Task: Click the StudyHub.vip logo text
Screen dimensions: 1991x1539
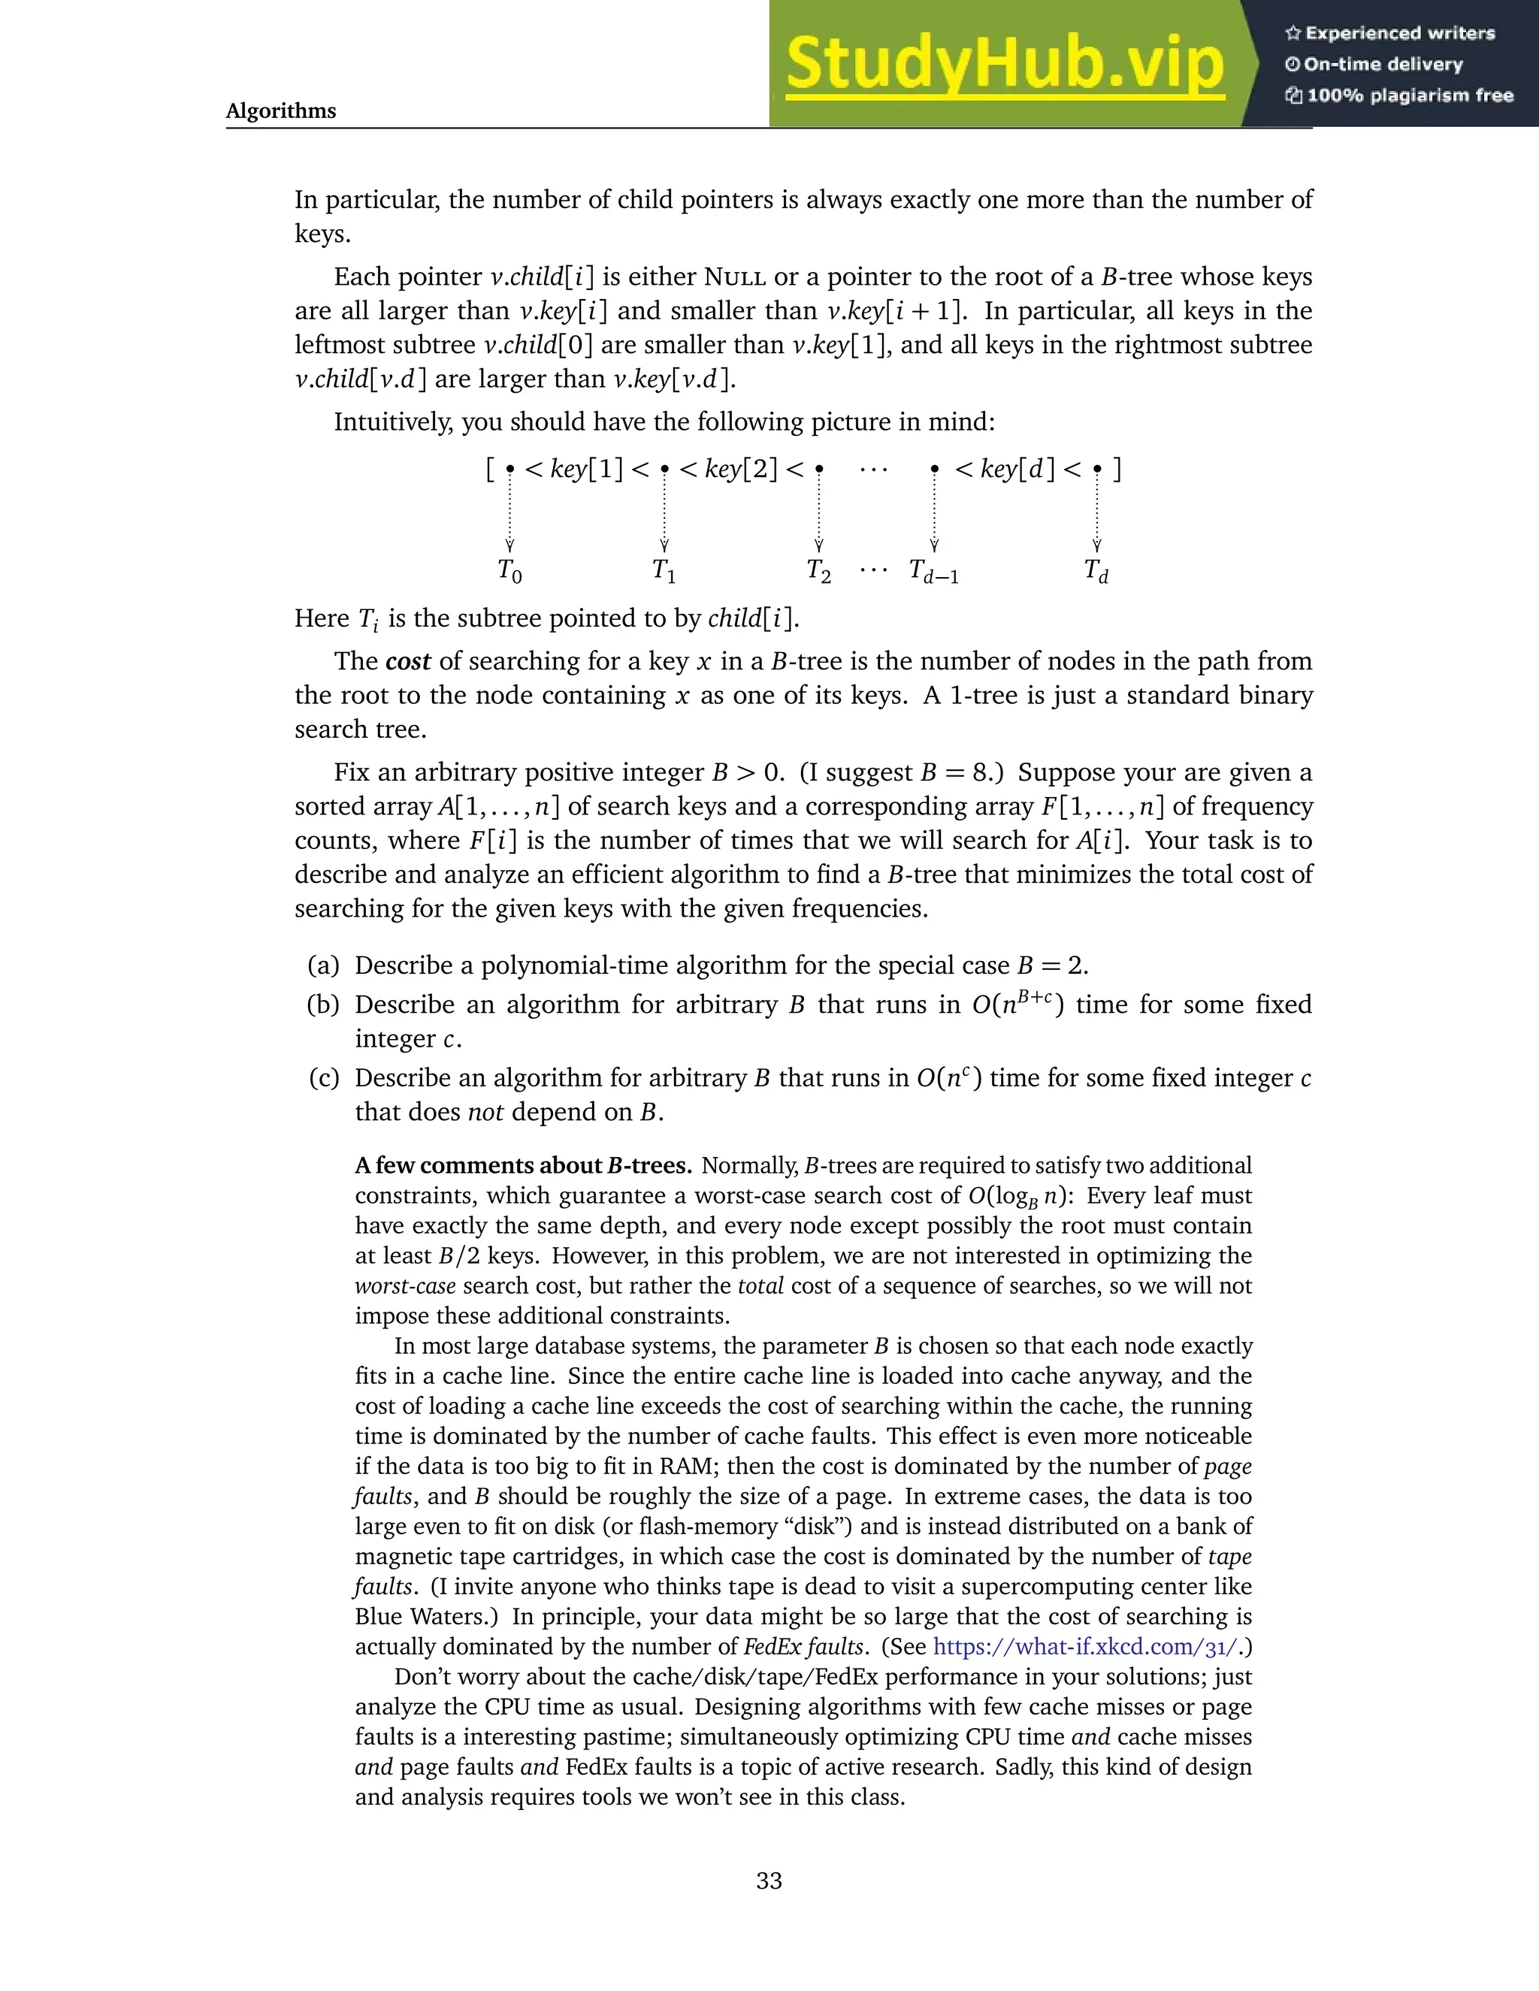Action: point(1004,64)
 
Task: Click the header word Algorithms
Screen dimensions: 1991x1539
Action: point(281,111)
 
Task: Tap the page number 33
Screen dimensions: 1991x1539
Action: point(769,1881)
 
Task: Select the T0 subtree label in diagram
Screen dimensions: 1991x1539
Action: point(509,572)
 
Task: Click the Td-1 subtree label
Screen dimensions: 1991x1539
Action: point(933,573)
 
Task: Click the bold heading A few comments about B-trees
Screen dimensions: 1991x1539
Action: point(523,1166)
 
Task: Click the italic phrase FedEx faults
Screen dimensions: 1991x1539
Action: point(803,1646)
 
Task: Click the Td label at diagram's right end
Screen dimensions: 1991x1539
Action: point(1096,572)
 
